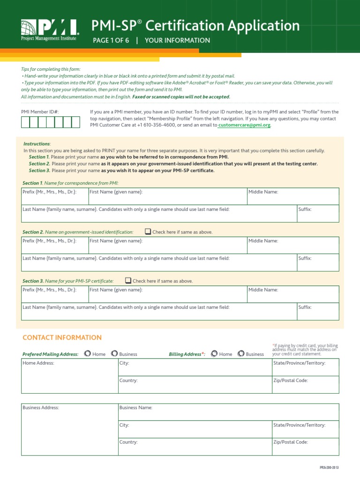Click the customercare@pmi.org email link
pyautogui.click(x=244, y=126)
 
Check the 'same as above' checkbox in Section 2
pyautogui.click(x=148, y=232)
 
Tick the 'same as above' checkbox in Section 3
pyautogui.click(x=128, y=281)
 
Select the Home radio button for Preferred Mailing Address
pyautogui.click(x=87, y=354)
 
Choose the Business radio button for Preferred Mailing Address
pyautogui.click(x=114, y=354)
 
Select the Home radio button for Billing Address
pyautogui.click(x=214, y=354)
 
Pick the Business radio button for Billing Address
pyautogui.click(x=241, y=354)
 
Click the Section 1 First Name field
pyautogui.click(x=167, y=198)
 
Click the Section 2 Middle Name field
pyautogui.click(x=292, y=247)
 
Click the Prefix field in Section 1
pyautogui.click(x=54, y=198)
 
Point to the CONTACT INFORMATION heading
pyautogui.click(x=62, y=337)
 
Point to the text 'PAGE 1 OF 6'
pyautogui.click(x=111, y=40)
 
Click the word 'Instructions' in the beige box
pyautogui.click(x=37, y=144)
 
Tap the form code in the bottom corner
pyautogui.click(x=329, y=468)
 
